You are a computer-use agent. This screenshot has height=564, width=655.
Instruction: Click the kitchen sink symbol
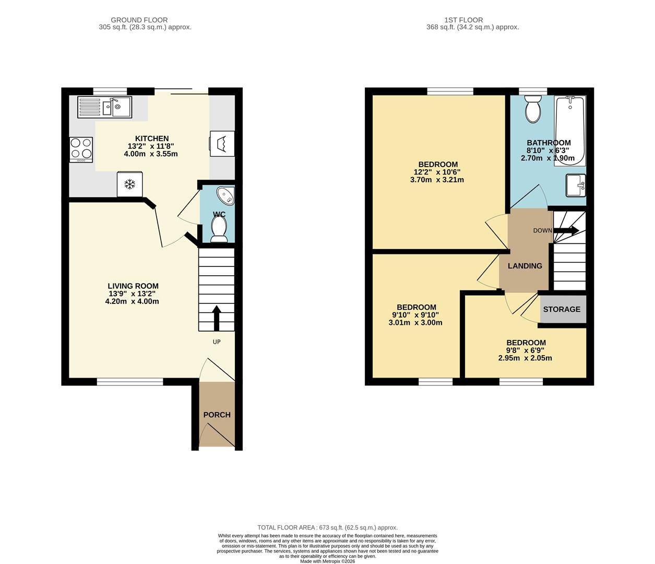pos(104,108)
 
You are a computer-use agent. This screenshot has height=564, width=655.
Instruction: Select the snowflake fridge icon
pos(129,184)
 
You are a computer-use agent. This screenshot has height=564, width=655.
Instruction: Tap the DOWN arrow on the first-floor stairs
pos(566,230)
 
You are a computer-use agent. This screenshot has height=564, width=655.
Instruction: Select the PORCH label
pos(217,415)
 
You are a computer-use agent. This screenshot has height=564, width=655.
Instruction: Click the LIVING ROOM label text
pos(133,286)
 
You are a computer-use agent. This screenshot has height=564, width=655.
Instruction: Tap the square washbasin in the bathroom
pos(576,185)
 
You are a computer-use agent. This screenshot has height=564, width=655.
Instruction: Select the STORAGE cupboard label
pos(562,309)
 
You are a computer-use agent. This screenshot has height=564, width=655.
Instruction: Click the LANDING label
pos(525,266)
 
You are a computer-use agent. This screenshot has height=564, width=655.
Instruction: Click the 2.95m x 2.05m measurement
pos(525,358)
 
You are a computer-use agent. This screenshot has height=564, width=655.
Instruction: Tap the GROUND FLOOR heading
pos(139,20)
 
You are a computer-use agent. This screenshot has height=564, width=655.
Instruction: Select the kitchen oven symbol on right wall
pos(222,143)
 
